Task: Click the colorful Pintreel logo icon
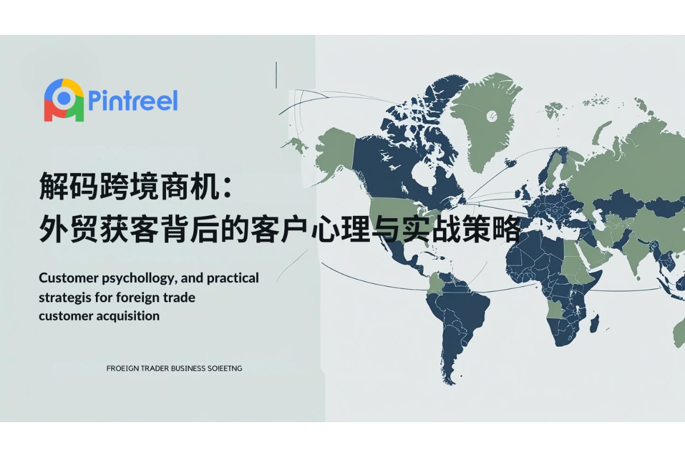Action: (x=64, y=101)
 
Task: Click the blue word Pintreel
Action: (x=133, y=101)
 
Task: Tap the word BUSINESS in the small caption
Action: (x=188, y=368)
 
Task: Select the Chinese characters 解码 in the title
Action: (x=68, y=186)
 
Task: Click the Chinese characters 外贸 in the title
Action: (x=68, y=229)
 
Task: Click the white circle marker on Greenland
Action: (x=491, y=116)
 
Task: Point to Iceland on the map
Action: (x=511, y=162)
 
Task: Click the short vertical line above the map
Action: (x=276, y=75)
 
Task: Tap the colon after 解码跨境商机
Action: (x=227, y=187)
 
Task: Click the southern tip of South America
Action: (x=450, y=383)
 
